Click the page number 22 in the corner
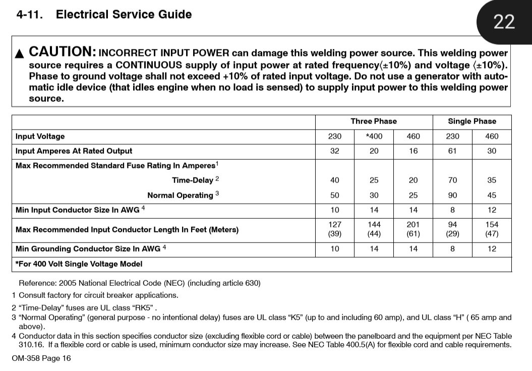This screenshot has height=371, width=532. click(504, 22)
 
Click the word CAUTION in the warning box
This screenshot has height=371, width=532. click(63, 51)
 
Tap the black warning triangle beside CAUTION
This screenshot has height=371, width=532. click(20, 53)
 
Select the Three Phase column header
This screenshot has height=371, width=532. click(374, 121)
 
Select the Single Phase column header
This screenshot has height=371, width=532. click(472, 121)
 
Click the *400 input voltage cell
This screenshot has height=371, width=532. click(374, 136)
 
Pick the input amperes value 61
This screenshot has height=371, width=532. click(452, 151)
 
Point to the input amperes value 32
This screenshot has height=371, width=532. click(334, 151)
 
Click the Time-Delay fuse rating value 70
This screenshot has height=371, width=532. click(452, 180)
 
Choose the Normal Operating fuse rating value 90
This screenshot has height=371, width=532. click(452, 195)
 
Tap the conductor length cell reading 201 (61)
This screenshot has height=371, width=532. click(413, 229)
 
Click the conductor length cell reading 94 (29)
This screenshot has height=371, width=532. click(452, 229)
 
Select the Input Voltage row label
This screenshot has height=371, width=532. click(40, 136)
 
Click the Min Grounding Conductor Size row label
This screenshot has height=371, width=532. click(88, 249)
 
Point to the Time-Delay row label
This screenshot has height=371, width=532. click(193, 180)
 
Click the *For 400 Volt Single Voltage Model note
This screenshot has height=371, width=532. click(79, 264)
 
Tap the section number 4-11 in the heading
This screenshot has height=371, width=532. click(30, 15)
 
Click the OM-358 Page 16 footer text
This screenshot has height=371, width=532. click(41, 358)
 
